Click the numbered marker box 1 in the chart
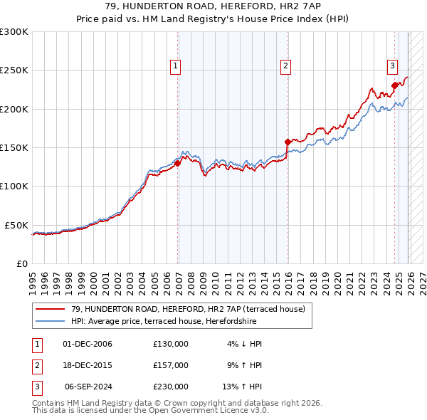175,66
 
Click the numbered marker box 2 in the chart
285,66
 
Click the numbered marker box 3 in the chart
392,66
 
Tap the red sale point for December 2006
178,163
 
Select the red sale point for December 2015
288,142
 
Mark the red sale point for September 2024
394,85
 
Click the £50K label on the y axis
16,225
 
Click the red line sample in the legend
50,309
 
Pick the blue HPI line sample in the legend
50,321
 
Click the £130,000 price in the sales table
171,344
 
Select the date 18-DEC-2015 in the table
88,364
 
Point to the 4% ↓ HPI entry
245,344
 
